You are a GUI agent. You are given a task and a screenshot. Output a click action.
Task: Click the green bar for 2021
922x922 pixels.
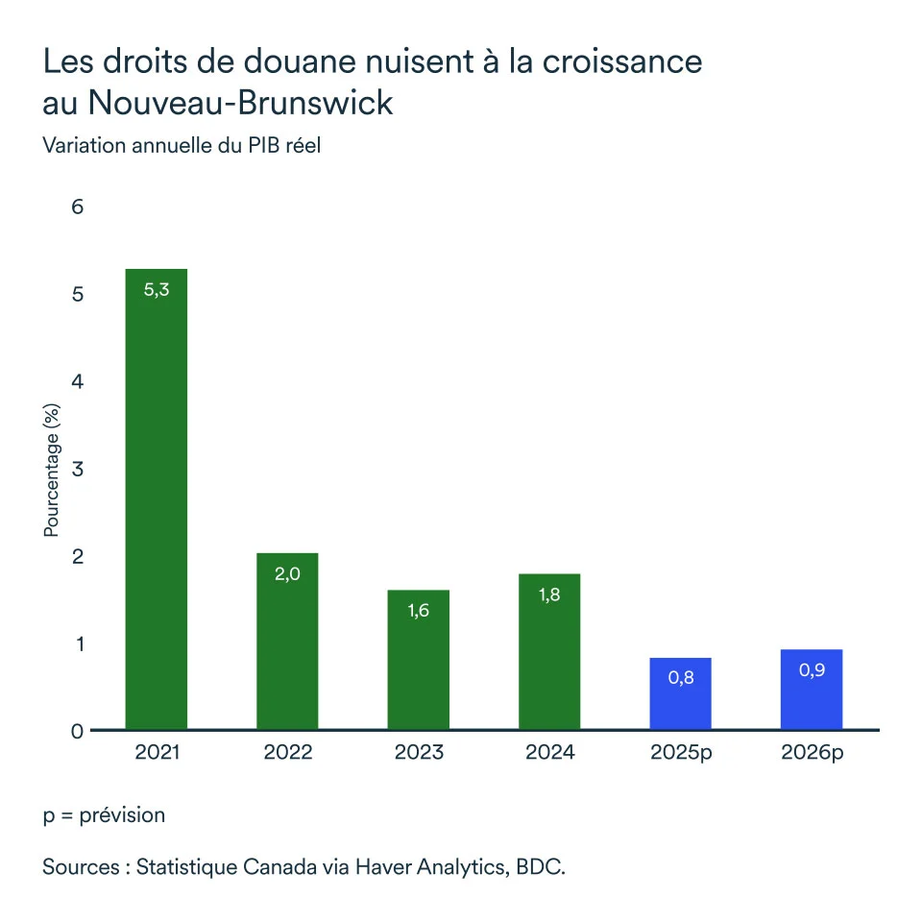click(157, 499)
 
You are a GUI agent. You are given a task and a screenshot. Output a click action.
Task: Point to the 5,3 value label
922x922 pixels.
click(157, 290)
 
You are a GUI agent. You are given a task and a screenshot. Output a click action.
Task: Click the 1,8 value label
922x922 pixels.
click(549, 594)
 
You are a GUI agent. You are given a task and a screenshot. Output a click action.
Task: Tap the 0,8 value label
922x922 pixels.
click(681, 678)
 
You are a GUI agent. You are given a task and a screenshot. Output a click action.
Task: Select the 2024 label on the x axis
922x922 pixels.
click(549, 752)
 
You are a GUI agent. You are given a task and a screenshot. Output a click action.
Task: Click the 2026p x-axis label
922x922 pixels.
click(812, 752)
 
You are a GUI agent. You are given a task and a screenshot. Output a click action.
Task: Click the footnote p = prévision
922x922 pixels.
click(104, 815)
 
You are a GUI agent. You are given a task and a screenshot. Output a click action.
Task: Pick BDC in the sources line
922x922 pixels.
click(540, 867)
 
